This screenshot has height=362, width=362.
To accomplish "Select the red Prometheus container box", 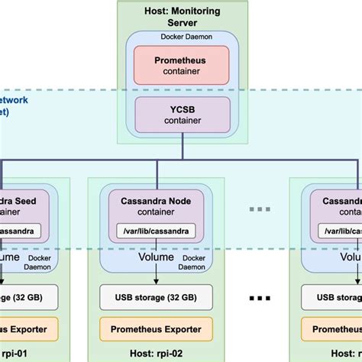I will [182, 65].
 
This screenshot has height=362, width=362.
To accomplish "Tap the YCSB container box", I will [182, 112].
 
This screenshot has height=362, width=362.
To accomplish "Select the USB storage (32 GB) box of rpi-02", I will [156, 296].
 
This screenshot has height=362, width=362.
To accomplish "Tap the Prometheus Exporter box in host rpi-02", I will [156, 329].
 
